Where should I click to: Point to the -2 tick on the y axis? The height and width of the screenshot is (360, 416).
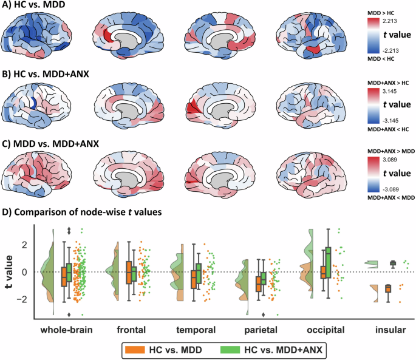pyautogui.click(x=24, y=299)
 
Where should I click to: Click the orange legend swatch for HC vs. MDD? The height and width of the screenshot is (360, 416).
pyautogui.click(x=132, y=350)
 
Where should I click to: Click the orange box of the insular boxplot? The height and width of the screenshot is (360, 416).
pyautogui.click(x=387, y=288)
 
